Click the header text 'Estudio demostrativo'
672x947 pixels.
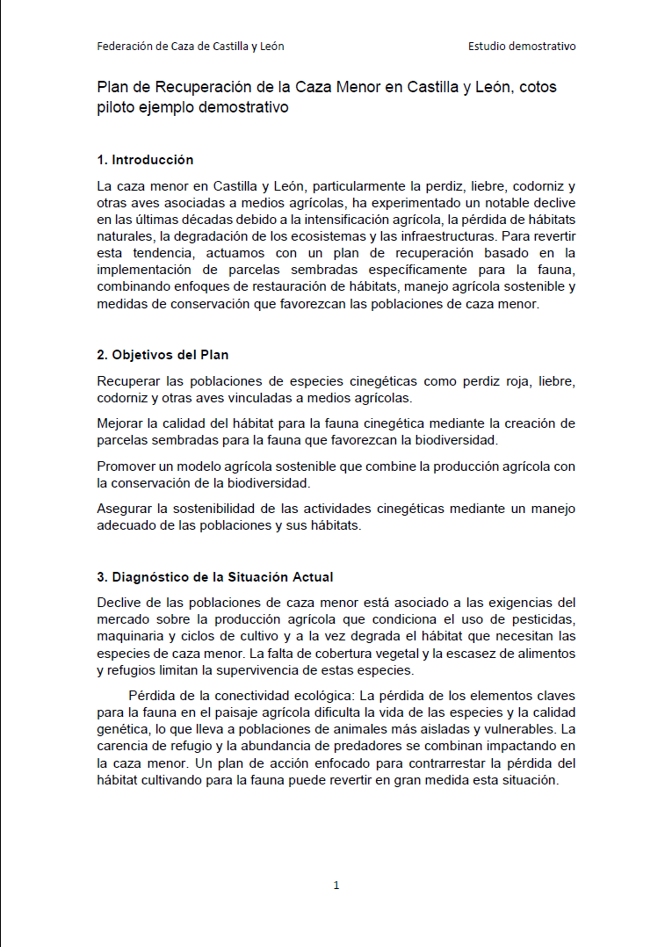tap(522, 47)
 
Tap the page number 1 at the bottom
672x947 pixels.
tap(336, 886)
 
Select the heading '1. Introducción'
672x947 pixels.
tap(145, 160)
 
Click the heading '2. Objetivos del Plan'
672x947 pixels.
tap(163, 355)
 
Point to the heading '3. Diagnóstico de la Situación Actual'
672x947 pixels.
tap(214, 577)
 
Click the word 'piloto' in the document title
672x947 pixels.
tap(116, 108)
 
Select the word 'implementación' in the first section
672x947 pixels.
tap(144, 270)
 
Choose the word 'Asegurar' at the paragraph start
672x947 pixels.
tap(123, 509)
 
